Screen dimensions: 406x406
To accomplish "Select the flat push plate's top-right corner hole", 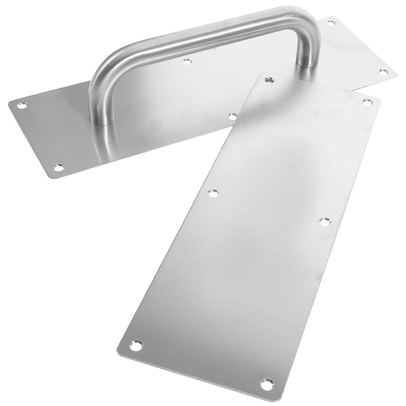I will tap(366, 102).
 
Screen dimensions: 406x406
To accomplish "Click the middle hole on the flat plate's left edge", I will tap(212, 193).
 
